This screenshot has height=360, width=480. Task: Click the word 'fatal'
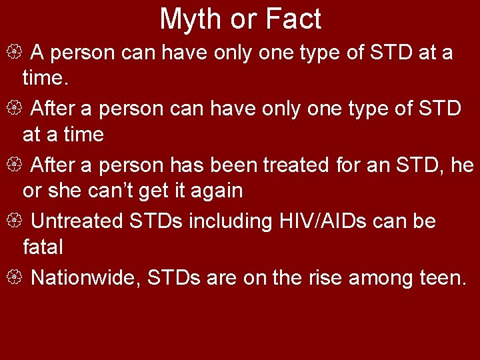pyautogui.click(x=43, y=248)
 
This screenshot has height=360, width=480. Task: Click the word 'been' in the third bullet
pyautogui.click(x=234, y=164)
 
